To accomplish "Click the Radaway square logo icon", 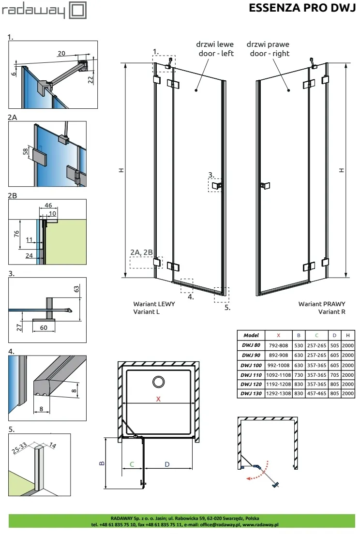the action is click(78, 10).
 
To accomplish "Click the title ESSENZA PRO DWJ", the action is click(302, 8).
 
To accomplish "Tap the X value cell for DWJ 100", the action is click(278, 365).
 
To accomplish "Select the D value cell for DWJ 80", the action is click(334, 345).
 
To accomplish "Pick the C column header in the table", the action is click(316, 336).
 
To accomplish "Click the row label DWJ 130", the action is click(251, 393).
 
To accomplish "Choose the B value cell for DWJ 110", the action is click(299, 375).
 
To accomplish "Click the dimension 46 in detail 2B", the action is click(48, 206).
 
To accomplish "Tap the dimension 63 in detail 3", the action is click(76, 289).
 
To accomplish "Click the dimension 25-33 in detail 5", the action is click(19, 448).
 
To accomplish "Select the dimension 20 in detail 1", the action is click(61, 53).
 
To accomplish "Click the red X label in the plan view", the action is click(158, 399).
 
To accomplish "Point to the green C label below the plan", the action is click(132, 464).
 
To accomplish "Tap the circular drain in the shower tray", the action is click(158, 382).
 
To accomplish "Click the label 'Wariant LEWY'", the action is click(154, 304).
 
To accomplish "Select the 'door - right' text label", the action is click(270, 54).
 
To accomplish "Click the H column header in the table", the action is click(348, 336).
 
